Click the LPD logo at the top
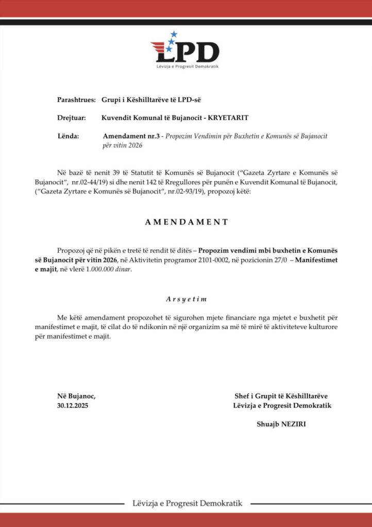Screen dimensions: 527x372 click(185, 51)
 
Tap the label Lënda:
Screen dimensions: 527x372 click(69, 136)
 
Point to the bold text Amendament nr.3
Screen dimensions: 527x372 click(129, 136)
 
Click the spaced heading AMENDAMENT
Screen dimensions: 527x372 click(186, 222)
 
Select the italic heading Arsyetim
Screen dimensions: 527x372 click(186, 299)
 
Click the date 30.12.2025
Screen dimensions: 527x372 click(73, 406)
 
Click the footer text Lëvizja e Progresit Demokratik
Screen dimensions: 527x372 click(187, 503)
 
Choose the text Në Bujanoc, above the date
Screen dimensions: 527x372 click(76, 396)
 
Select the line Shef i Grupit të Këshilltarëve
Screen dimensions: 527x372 click(281, 396)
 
